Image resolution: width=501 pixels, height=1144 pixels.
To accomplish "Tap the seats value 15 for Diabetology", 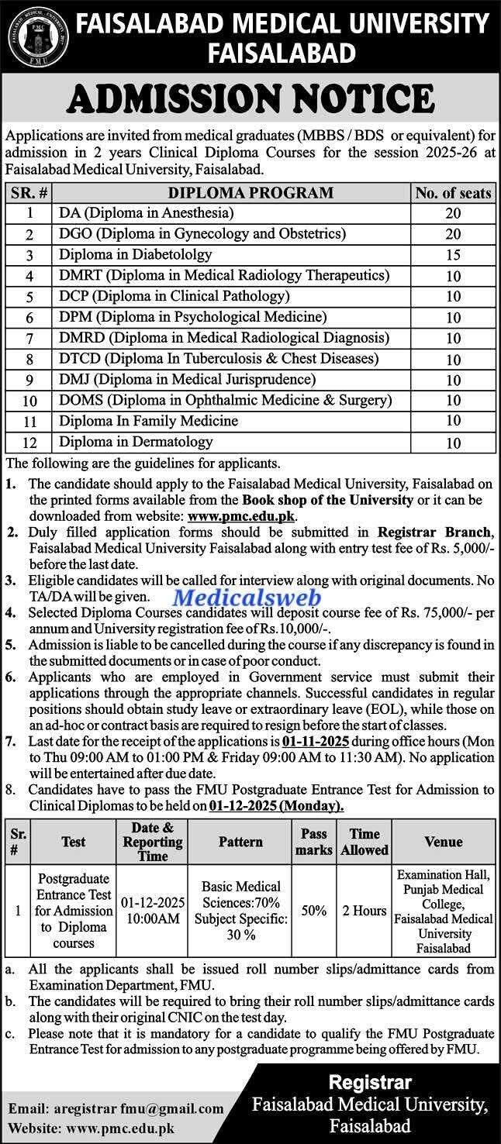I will click(x=453, y=255).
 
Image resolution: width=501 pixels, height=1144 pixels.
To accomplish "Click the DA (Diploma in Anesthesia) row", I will click(x=146, y=212).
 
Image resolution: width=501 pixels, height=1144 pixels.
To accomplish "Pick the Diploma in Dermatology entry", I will click(x=136, y=442).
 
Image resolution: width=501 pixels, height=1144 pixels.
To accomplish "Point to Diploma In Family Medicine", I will click(x=148, y=421).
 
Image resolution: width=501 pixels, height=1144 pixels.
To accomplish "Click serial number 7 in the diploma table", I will click(x=29, y=339).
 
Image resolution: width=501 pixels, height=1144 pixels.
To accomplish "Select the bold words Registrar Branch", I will click(x=434, y=532).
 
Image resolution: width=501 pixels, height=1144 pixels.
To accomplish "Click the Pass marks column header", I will click(x=314, y=842).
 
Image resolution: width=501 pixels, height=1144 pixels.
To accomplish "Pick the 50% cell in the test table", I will click(x=314, y=911).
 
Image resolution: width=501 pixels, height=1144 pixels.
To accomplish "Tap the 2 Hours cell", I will click(x=365, y=911).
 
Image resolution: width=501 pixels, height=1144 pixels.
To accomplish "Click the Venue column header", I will click(x=444, y=842).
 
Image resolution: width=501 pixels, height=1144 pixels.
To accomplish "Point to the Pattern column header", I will click(x=240, y=842).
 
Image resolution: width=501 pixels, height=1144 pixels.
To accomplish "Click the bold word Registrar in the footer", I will click(x=370, y=1083).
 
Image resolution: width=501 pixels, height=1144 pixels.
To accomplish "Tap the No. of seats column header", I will click(x=453, y=192).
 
